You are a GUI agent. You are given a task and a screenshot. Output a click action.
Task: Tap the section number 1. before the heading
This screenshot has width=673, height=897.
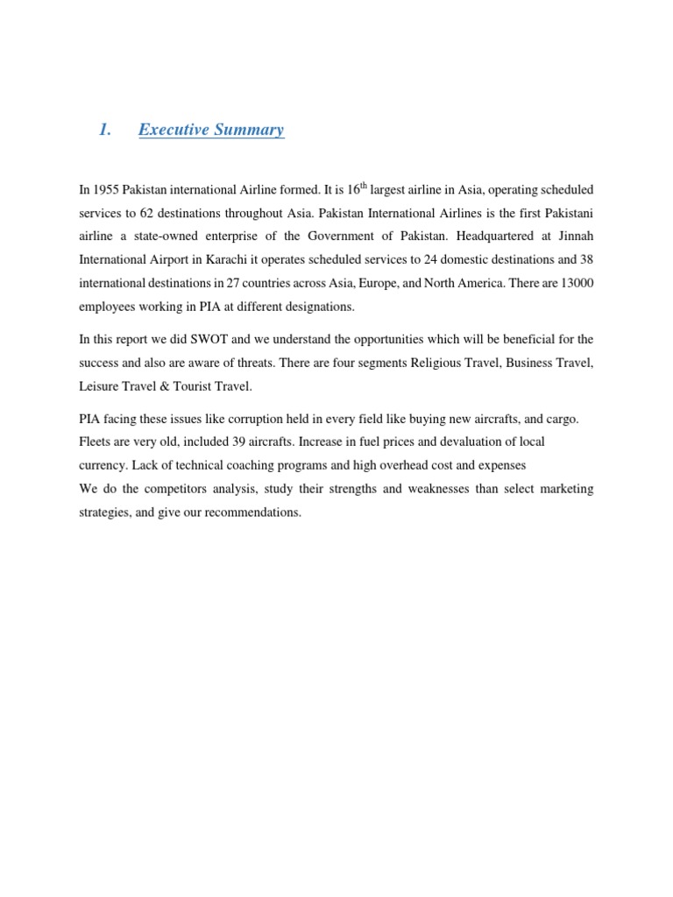click(x=105, y=130)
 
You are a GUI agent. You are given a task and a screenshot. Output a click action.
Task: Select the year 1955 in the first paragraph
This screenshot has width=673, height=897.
click(x=107, y=190)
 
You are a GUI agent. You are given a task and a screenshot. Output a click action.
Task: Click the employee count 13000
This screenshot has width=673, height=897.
click(x=575, y=285)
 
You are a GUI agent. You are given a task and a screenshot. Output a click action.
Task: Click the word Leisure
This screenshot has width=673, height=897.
click(x=98, y=385)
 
